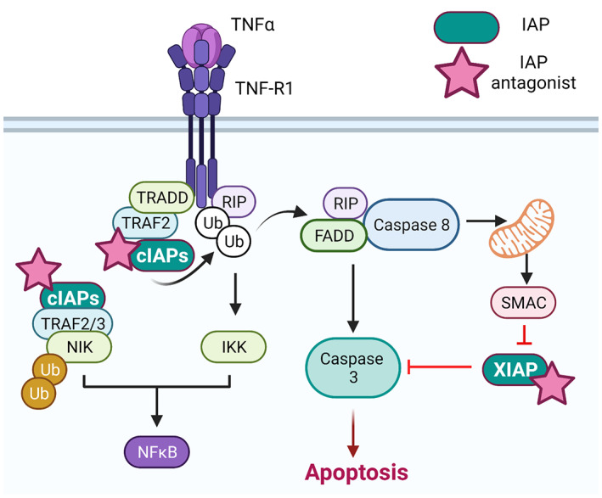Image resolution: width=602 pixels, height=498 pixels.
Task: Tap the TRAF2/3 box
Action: pos(76,323)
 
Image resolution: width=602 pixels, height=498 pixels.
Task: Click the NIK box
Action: pos(79,346)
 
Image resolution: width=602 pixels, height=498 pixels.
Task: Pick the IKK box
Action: pos(233,346)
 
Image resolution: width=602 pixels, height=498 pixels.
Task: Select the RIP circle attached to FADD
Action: pos(344,204)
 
